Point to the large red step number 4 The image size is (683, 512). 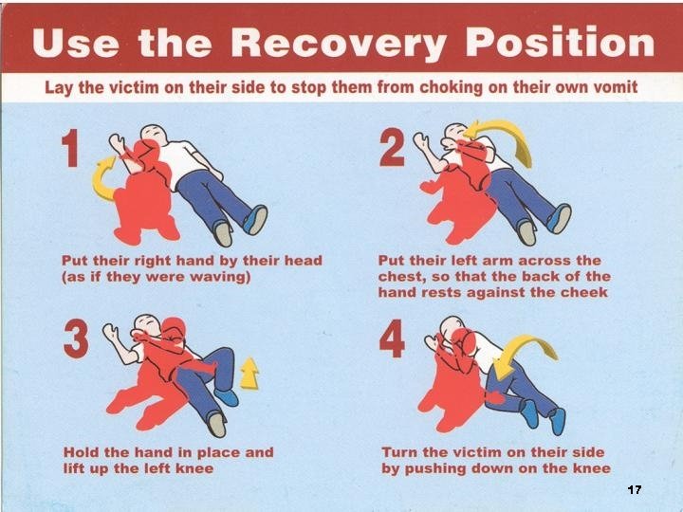392,340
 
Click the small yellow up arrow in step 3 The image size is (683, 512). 249,375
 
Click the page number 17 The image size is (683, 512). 635,489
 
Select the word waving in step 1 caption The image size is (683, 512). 223,277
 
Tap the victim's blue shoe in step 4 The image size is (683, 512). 556,419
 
